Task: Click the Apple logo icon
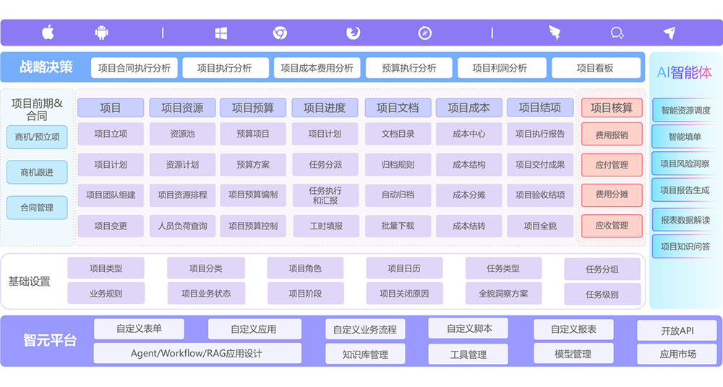pyautogui.click(x=48, y=33)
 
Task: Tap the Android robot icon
pyautogui.click(x=101, y=33)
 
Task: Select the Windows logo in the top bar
pyautogui.click(x=221, y=33)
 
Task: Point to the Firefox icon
pyautogui.click(x=354, y=33)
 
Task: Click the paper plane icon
pyautogui.click(x=669, y=33)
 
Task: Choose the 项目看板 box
pyautogui.click(x=596, y=68)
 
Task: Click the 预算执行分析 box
pyautogui.click(x=408, y=68)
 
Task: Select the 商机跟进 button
pyautogui.click(x=37, y=172)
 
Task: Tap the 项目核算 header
pyautogui.click(x=612, y=108)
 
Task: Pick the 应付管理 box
pyautogui.click(x=612, y=165)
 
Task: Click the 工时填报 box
pyautogui.click(x=326, y=226)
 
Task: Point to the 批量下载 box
pyautogui.click(x=398, y=226)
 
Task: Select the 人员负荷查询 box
pyautogui.click(x=183, y=226)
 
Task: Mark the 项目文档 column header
pyautogui.click(x=398, y=108)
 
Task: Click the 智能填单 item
pyautogui.click(x=685, y=137)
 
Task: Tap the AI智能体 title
pyautogui.click(x=684, y=72)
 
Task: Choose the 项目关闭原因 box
pyautogui.click(x=404, y=294)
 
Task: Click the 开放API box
pyautogui.click(x=677, y=331)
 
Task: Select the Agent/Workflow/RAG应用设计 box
pyautogui.click(x=197, y=353)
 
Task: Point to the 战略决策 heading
pyautogui.click(x=46, y=67)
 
